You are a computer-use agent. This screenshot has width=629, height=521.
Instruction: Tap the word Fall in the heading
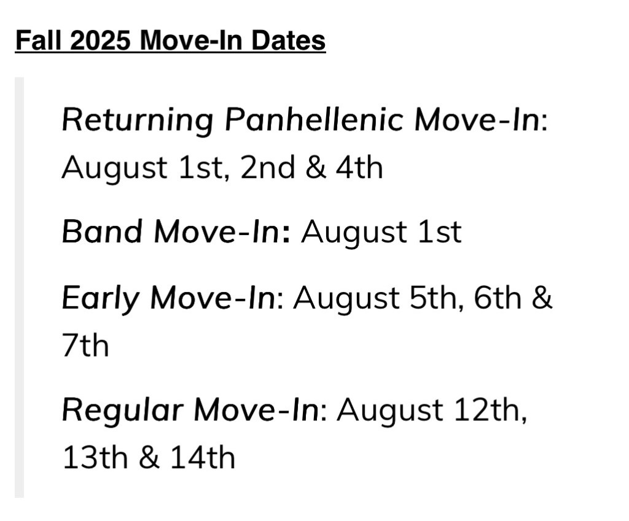(x=39, y=40)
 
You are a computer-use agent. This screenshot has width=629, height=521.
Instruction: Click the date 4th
(x=359, y=167)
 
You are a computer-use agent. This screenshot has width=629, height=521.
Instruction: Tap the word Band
(x=103, y=231)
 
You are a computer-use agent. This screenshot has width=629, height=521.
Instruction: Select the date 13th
(x=95, y=458)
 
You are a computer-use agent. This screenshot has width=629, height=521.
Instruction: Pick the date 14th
(x=203, y=458)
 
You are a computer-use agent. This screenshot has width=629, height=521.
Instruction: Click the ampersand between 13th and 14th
(x=149, y=458)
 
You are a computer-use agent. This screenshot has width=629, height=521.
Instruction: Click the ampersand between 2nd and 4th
(x=316, y=168)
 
